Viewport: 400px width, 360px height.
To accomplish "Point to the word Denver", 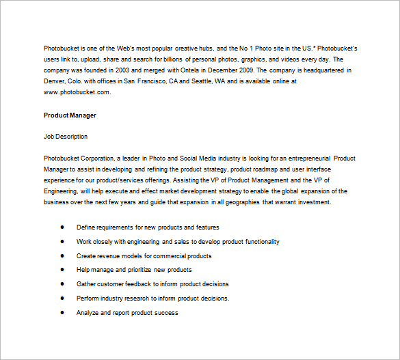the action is [x=54, y=81].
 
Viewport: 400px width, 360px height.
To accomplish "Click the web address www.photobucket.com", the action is [x=77, y=92].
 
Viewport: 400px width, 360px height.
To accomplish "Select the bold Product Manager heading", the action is [x=70, y=115].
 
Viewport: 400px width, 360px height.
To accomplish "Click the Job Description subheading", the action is [x=66, y=137].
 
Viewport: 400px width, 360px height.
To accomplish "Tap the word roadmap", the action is [x=271, y=169].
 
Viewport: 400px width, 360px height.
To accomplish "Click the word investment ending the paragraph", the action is [x=315, y=202].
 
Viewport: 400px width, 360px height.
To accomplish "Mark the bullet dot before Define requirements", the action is [x=62, y=227].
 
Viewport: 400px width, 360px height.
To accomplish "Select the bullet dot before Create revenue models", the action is [x=62, y=255].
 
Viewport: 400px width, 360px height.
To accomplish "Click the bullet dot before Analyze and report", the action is [x=62, y=312].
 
